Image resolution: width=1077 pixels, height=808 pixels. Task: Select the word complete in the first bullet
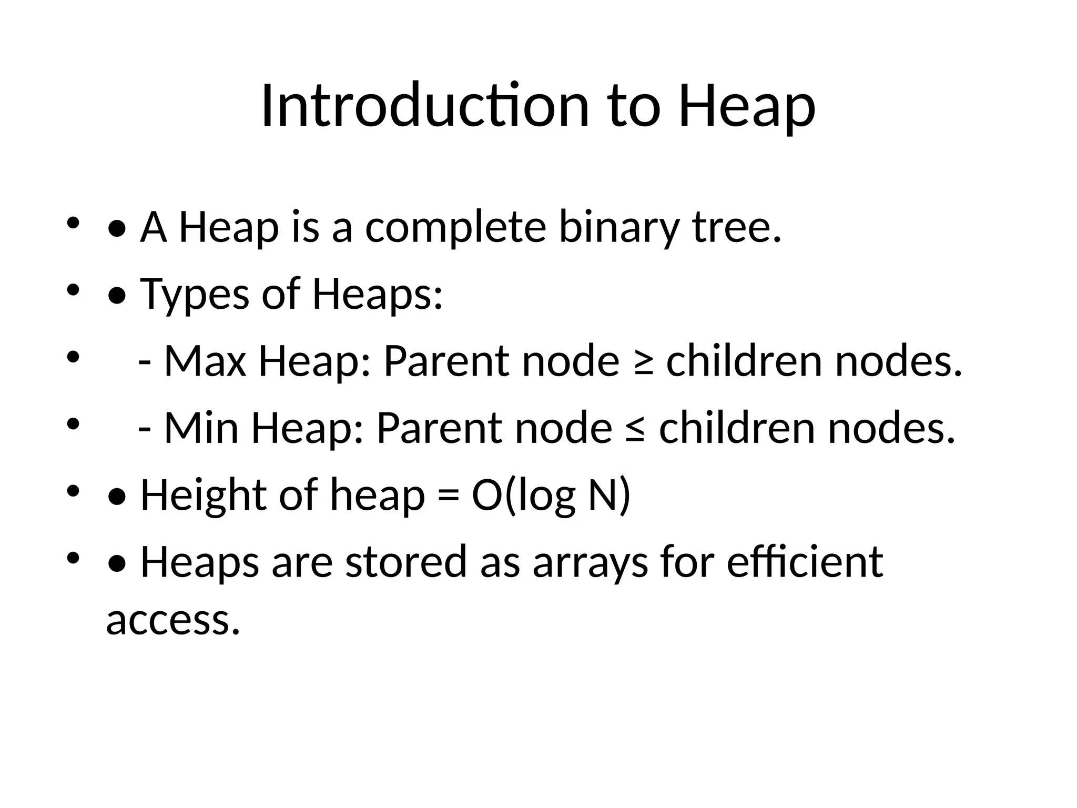(455, 227)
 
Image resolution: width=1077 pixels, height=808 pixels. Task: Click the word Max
(205, 361)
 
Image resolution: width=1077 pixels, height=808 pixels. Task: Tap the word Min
(201, 428)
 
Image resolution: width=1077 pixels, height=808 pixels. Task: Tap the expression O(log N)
(551, 496)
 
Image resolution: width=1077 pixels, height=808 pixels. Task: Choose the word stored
(406, 562)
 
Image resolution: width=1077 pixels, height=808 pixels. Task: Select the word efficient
(805, 562)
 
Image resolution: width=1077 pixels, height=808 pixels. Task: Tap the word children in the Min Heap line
(737, 428)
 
